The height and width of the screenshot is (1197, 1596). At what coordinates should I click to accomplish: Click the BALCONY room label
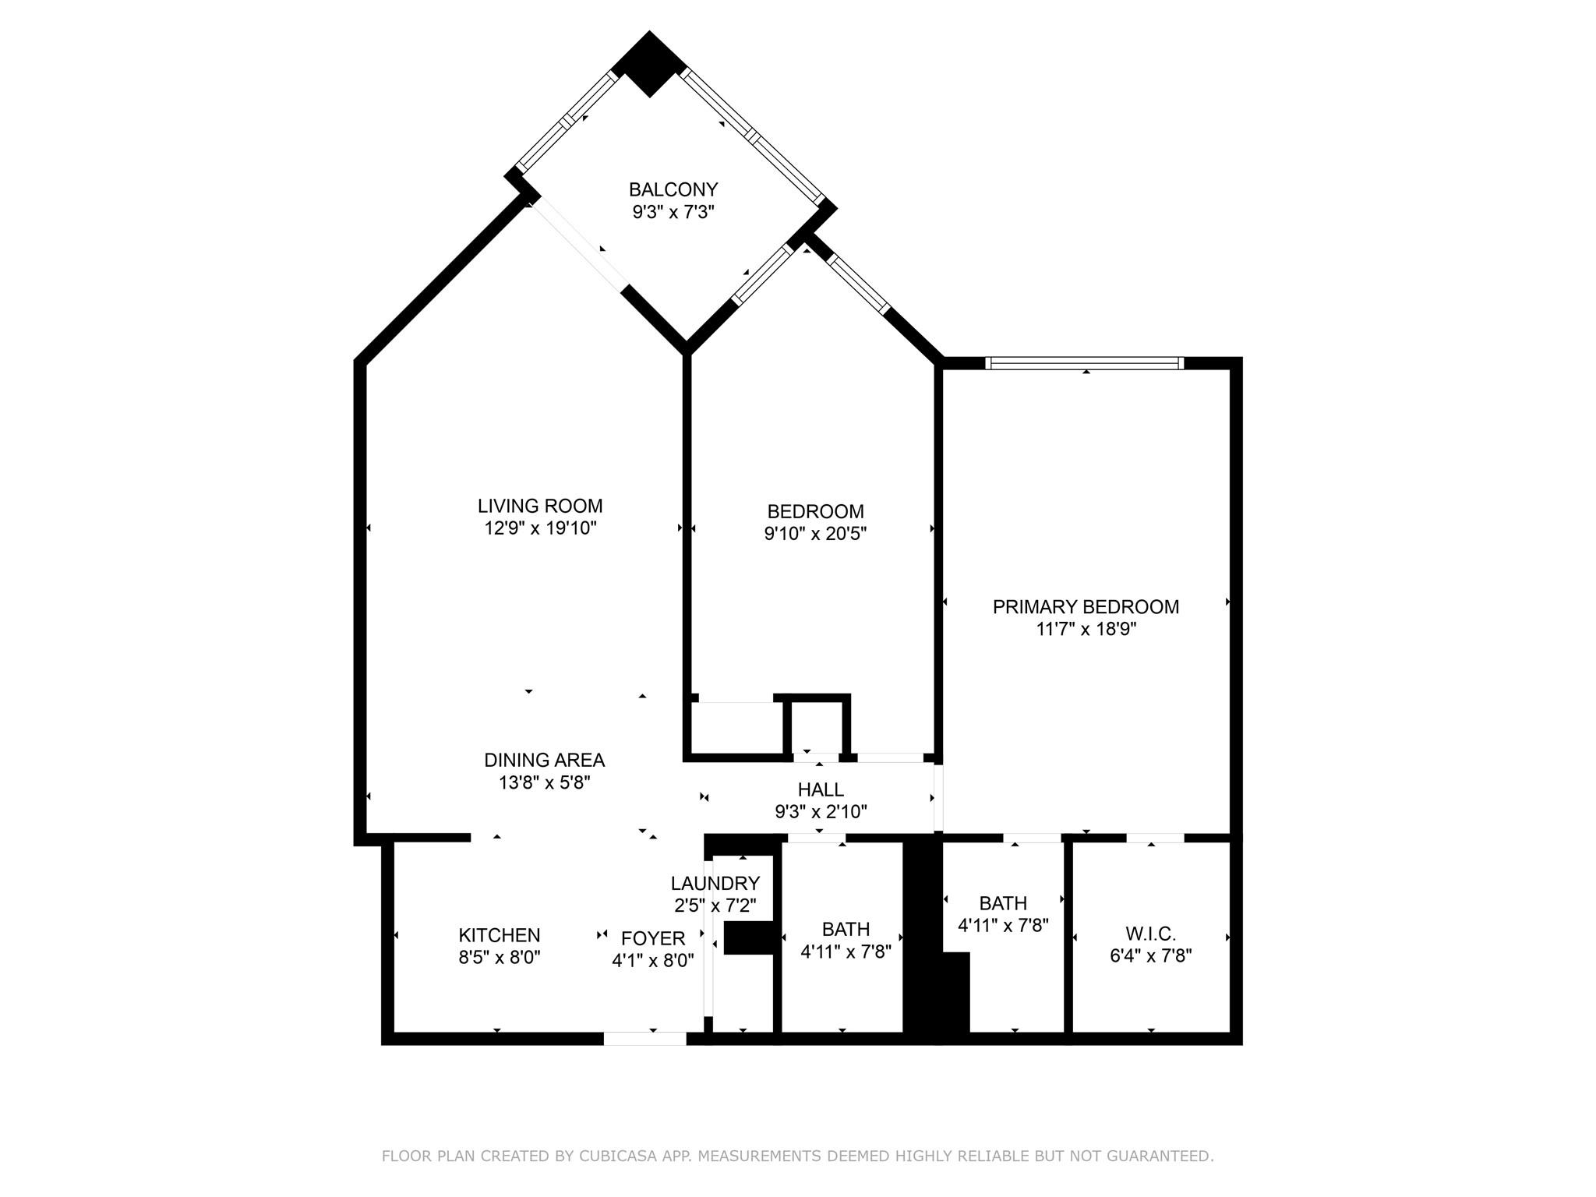(x=673, y=189)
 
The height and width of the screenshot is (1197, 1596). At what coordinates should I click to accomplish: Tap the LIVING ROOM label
(x=540, y=506)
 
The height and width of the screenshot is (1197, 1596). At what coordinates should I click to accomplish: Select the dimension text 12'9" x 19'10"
(x=540, y=528)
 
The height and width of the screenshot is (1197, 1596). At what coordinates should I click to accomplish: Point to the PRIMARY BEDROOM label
(x=1086, y=607)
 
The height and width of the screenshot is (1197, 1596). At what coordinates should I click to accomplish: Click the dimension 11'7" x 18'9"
(x=1086, y=630)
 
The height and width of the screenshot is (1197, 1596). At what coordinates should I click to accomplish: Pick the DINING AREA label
(x=545, y=760)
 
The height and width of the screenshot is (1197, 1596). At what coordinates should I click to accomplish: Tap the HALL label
(x=821, y=789)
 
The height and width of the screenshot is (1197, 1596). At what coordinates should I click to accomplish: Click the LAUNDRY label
(x=715, y=883)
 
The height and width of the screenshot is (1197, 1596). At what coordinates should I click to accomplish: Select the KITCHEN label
(x=500, y=935)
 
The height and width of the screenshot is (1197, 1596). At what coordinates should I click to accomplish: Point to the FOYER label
(x=653, y=938)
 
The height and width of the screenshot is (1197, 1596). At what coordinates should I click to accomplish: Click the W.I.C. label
(x=1151, y=934)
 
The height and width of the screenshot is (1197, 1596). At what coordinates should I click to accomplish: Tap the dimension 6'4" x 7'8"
(x=1151, y=955)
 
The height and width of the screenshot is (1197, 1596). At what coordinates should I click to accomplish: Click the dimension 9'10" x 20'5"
(x=816, y=534)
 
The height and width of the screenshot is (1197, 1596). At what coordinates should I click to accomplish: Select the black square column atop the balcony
(x=649, y=64)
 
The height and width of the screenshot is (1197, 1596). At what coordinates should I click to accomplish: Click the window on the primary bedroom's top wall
(x=1085, y=363)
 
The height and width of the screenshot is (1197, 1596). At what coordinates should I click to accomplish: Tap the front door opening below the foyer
(x=645, y=1038)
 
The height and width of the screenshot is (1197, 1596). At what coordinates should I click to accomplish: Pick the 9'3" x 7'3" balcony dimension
(x=673, y=212)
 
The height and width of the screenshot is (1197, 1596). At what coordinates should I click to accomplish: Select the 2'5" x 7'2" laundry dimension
(x=715, y=906)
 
